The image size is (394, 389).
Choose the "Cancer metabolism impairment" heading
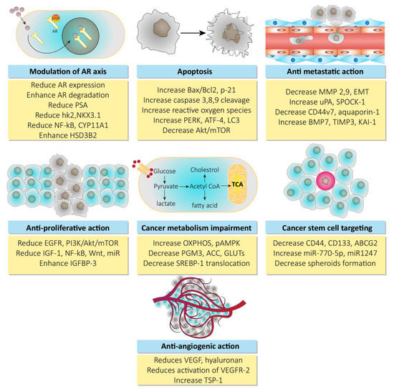click(x=196, y=226)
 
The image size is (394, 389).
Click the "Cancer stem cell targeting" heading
click(x=328, y=226)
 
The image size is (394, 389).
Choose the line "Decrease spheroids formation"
click(x=328, y=269)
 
